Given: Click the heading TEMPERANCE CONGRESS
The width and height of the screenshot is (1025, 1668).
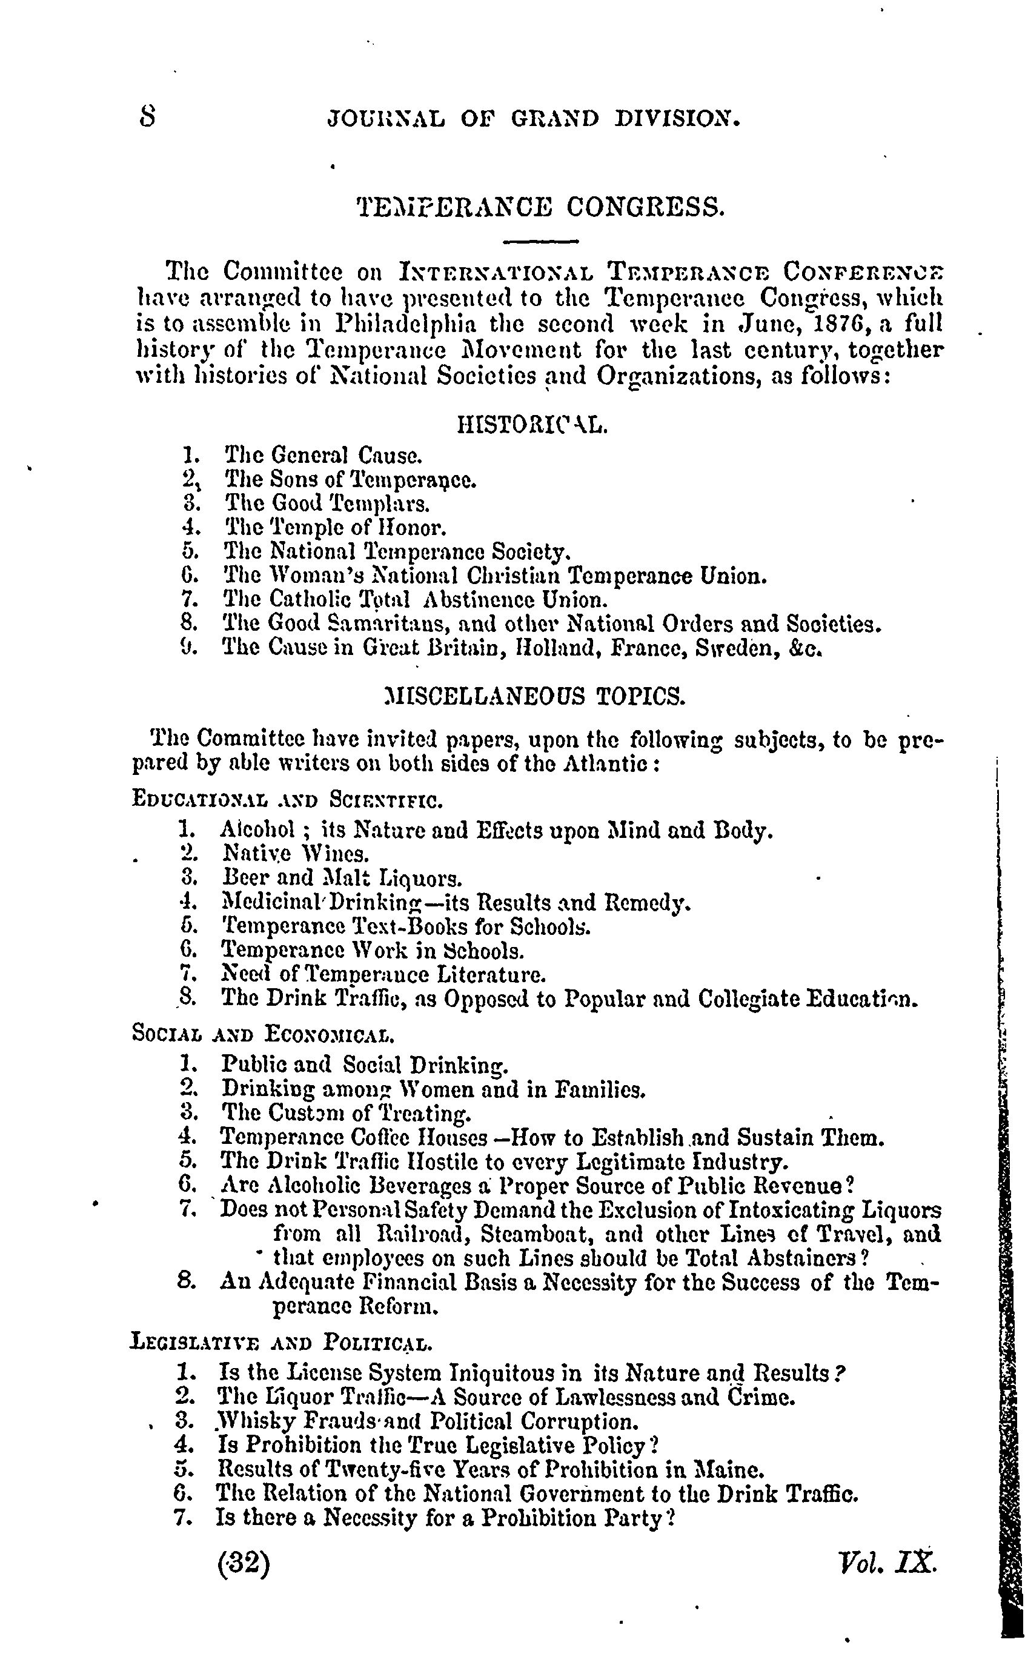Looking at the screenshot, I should tap(540, 205).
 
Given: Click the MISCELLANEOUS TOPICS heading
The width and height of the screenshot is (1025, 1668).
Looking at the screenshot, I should tap(534, 696).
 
